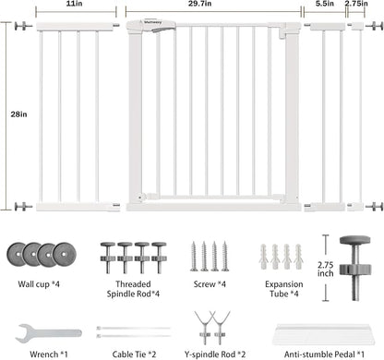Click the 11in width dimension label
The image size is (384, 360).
tap(74, 4)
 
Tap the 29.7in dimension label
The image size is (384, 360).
tap(199, 4)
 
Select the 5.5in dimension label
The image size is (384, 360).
tap(325, 4)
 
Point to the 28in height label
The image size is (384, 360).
tap(18, 114)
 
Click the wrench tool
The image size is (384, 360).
tap(49, 333)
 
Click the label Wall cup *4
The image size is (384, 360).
tap(39, 284)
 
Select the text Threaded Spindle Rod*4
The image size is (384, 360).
tap(133, 289)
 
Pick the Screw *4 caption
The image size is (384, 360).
tap(210, 284)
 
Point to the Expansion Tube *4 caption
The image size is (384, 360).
tap(284, 289)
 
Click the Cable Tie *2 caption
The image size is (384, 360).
tap(134, 354)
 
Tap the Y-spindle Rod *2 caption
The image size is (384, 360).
tap(215, 354)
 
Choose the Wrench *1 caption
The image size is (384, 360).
tap(49, 354)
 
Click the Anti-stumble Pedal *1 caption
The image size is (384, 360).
tap(324, 354)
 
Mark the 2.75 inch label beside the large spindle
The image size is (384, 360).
tap(326, 270)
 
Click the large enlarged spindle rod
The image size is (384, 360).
tap(355, 268)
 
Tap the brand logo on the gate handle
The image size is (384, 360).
tap(150, 22)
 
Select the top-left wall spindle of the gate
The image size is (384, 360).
tap(23, 26)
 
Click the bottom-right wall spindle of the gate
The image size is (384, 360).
tap(374, 206)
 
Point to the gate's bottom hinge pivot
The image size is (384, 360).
tap(141, 198)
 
